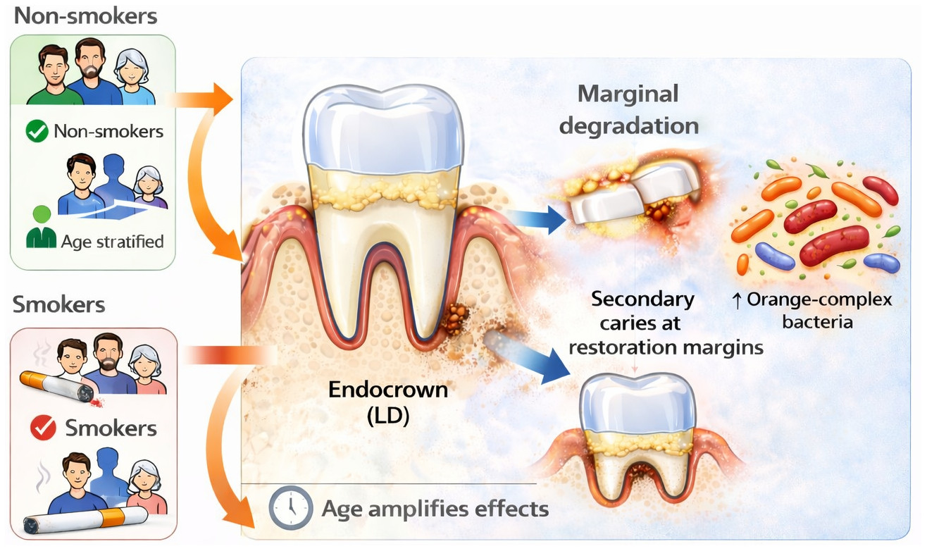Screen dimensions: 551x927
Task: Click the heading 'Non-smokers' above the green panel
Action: click(x=85, y=17)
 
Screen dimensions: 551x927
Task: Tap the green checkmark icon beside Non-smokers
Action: click(x=37, y=131)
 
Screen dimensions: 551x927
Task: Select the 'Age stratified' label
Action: click(x=113, y=242)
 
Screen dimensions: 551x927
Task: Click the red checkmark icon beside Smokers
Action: click(x=43, y=427)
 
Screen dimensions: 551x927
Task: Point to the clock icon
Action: click(x=290, y=508)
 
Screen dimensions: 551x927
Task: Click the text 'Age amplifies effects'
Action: click(x=435, y=508)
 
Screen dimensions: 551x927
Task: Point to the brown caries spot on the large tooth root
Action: click(x=454, y=319)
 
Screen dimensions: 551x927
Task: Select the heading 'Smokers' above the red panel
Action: click(x=59, y=305)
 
